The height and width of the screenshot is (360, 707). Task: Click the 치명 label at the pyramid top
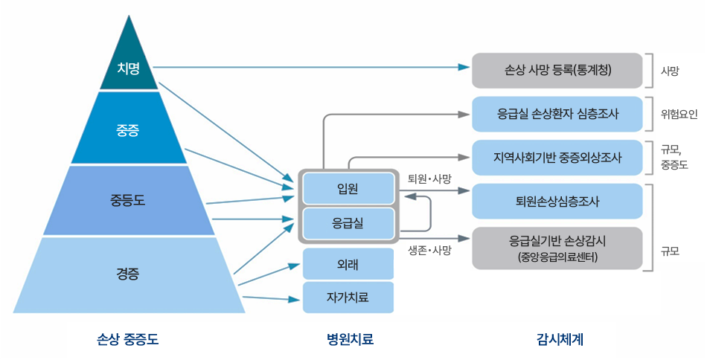[x=128, y=68]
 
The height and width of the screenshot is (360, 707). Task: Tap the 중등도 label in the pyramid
[x=128, y=199]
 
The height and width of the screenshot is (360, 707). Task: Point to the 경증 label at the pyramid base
[x=128, y=273]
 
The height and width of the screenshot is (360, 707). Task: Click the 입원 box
[x=348, y=188]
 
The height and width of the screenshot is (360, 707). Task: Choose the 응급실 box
[x=348, y=222]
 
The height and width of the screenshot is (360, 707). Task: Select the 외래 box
[x=348, y=263]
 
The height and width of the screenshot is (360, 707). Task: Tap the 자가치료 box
[x=348, y=297]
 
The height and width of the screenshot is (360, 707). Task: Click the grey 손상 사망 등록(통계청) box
[x=557, y=71]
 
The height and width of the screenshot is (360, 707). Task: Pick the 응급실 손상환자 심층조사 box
[x=557, y=114]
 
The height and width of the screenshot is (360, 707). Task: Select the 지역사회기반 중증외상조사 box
[x=557, y=158]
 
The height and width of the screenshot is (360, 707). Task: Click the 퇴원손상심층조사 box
[x=557, y=201]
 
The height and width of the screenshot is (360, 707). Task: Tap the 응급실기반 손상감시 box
[x=557, y=248]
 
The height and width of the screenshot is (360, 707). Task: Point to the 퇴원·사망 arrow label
[x=430, y=179]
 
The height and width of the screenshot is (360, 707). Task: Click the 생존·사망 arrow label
[x=430, y=250]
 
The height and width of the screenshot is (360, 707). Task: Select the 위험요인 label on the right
[x=679, y=115]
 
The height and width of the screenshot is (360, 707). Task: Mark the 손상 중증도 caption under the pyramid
[x=128, y=339]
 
